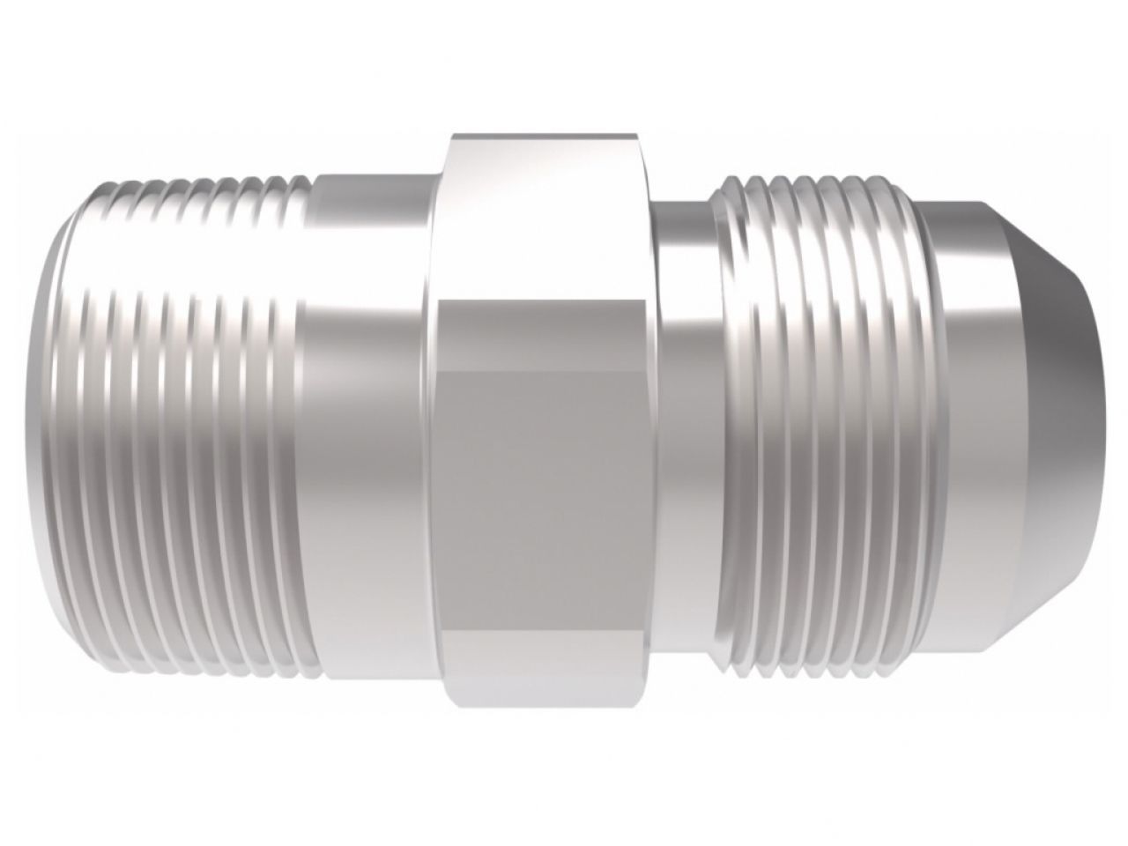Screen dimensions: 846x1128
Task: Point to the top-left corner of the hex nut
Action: tap(451, 137)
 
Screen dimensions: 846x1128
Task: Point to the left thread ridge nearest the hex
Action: tap(295, 423)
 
